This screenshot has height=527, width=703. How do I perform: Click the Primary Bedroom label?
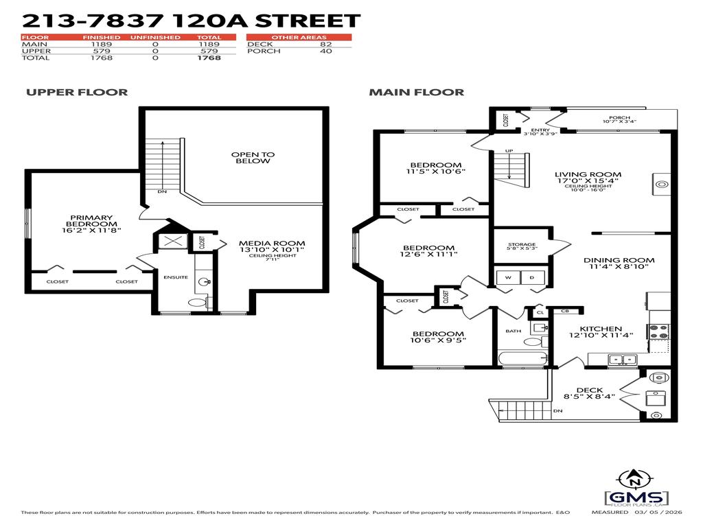pyautogui.click(x=91, y=221)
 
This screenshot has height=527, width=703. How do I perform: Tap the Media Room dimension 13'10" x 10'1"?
pyautogui.click(x=271, y=250)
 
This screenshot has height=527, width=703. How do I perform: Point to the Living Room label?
pyautogui.click(x=588, y=175)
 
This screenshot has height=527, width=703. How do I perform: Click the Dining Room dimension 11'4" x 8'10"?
pyautogui.click(x=619, y=268)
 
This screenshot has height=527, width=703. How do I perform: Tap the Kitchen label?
pyautogui.click(x=601, y=329)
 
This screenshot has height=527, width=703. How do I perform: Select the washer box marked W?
pyautogui.click(x=509, y=277)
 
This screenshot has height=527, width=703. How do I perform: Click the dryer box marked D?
pyautogui.click(x=532, y=277)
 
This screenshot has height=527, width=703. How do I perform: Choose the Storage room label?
pyautogui.click(x=522, y=244)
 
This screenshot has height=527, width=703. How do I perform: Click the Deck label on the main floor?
pyautogui.click(x=590, y=390)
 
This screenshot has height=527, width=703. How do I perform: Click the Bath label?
pyautogui.click(x=514, y=331)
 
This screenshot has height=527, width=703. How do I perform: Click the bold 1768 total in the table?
pyautogui.click(x=209, y=58)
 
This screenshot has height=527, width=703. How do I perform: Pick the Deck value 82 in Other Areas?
pyautogui.click(x=326, y=45)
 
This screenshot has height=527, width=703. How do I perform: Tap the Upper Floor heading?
pyautogui.click(x=77, y=92)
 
